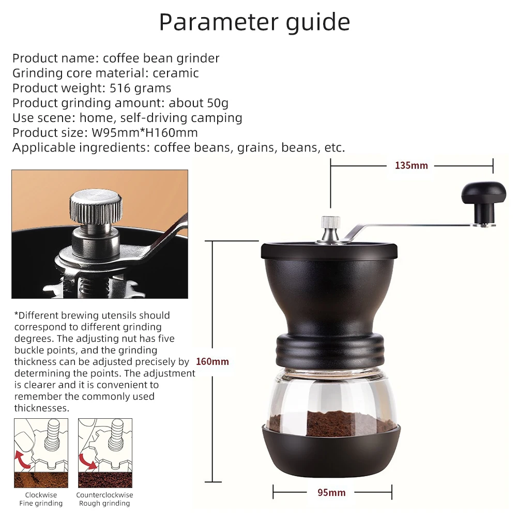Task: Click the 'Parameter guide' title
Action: pyautogui.click(x=254, y=22)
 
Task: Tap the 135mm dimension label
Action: pyautogui.click(x=411, y=165)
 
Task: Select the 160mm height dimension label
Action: pyautogui.click(x=212, y=361)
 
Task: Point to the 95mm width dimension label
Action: pyautogui.click(x=331, y=492)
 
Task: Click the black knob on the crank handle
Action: pyautogui.click(x=483, y=194)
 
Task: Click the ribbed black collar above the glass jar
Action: pyautogui.click(x=331, y=349)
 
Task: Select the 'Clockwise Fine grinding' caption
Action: pyautogui.click(x=41, y=499)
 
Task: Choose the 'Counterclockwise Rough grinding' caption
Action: pyautogui.click(x=104, y=499)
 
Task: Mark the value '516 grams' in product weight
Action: pyautogui.click(x=141, y=88)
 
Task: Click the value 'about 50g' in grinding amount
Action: pyautogui.click(x=199, y=103)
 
